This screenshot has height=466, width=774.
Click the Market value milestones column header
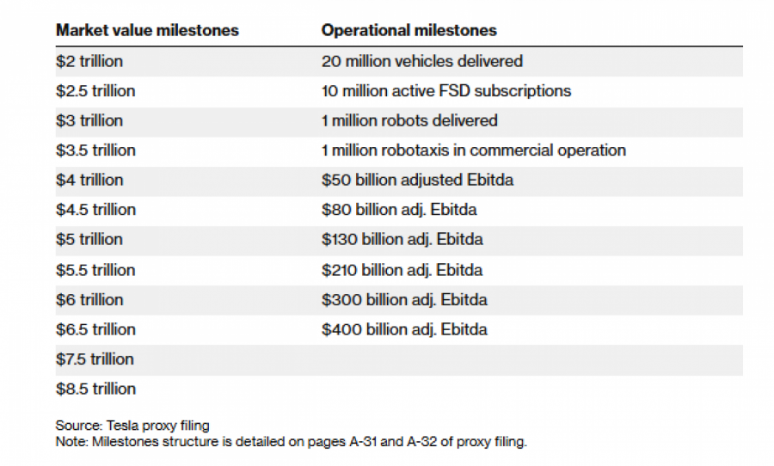click(x=147, y=30)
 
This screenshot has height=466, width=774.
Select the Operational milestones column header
click(x=408, y=30)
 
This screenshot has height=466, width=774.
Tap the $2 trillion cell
click(x=89, y=61)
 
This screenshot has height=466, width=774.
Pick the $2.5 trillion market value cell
click(x=95, y=90)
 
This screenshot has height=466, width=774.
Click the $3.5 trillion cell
click(x=95, y=150)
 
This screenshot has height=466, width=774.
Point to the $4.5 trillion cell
click(x=95, y=210)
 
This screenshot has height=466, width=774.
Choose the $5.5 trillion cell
click(x=95, y=270)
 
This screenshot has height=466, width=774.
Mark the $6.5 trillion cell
click(x=95, y=329)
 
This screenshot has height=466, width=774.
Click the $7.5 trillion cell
click(x=95, y=359)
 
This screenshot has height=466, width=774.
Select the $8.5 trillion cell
click(x=95, y=389)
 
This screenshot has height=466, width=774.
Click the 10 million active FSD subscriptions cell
click(x=445, y=90)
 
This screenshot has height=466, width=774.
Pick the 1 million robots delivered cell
click(x=409, y=120)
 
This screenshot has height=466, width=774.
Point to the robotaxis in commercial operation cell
click(x=473, y=150)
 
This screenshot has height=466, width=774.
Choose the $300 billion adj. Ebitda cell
click(x=404, y=299)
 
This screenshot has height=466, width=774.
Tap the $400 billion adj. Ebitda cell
click(x=404, y=329)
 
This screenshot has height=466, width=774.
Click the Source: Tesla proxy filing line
click(x=132, y=425)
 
